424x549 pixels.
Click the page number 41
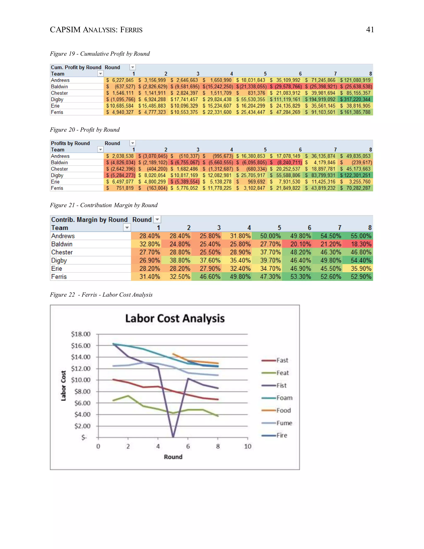pyautogui.click(x=370, y=30)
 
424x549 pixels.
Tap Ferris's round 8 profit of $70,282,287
pyautogui.click(x=356, y=188)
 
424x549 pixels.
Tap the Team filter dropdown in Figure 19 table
pyautogui.click(x=100, y=74)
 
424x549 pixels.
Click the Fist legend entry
pyautogui.click(x=281, y=385)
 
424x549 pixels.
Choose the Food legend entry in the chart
pyautogui.click(x=283, y=410)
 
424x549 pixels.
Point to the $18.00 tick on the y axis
pyautogui.click(x=81, y=334)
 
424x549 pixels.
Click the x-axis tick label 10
pyautogui.click(x=247, y=446)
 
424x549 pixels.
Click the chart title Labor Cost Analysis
pyautogui.click(x=175, y=318)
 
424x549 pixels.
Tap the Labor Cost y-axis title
pyautogui.click(x=63, y=386)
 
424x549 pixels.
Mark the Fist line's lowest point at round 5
pyautogui.click(x=173, y=436)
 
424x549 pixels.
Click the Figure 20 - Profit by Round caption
pyautogui.click(x=85, y=130)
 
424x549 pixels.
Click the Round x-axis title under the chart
pyautogui.click(x=173, y=457)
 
